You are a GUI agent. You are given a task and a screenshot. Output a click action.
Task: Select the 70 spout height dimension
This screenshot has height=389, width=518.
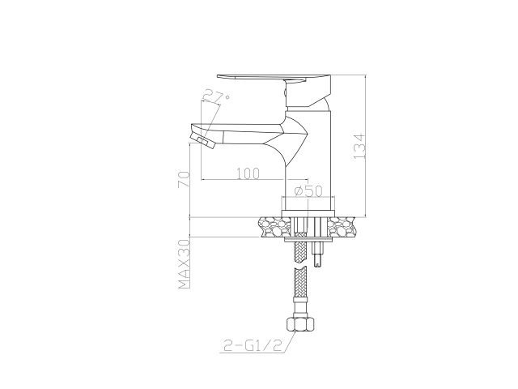tap(185, 176)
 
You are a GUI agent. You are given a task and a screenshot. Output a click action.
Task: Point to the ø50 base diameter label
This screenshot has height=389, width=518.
tap(309, 190)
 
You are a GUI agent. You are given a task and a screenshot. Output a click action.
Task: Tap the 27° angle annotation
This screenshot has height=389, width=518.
tap(217, 98)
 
